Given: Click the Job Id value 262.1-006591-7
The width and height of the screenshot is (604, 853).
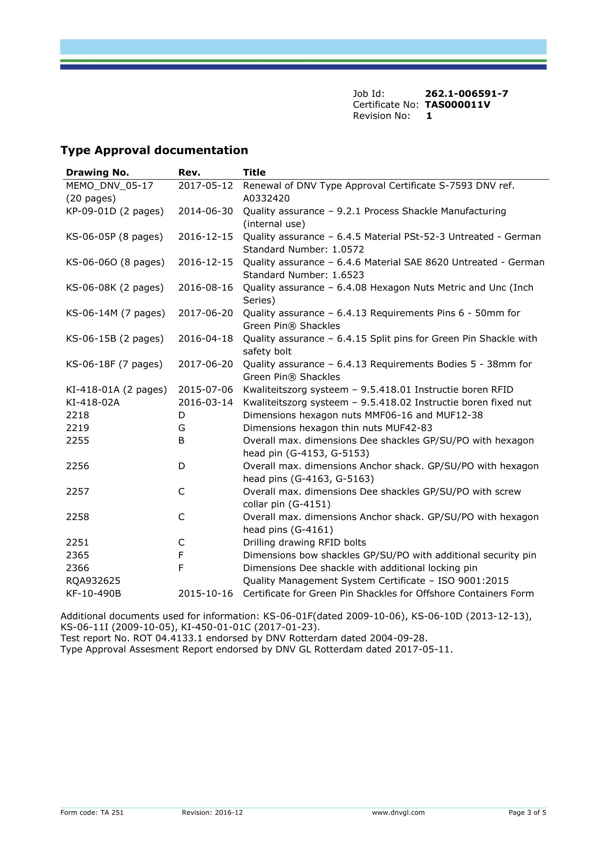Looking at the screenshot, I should pyautogui.click(x=466, y=94).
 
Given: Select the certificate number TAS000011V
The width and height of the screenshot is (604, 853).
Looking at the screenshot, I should pyautogui.click(x=458, y=105).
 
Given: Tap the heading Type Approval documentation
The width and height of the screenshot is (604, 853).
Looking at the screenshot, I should pyautogui.click(x=154, y=150).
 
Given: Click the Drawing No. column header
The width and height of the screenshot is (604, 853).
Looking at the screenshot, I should pyautogui.click(x=98, y=172).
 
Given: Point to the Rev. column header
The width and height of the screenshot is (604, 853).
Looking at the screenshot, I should pyautogui.click(x=189, y=172).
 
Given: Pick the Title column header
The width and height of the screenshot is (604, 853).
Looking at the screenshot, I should pyautogui.click(x=255, y=172).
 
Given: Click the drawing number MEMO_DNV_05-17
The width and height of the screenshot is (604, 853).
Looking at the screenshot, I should pyautogui.click(x=110, y=185).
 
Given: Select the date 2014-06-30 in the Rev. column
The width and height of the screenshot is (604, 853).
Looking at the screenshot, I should pyautogui.click(x=206, y=211).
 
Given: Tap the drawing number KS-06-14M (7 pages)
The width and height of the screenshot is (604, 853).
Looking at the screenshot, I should pyautogui.click(x=115, y=313).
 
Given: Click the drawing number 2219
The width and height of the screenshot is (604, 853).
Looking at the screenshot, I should pyautogui.click(x=78, y=428).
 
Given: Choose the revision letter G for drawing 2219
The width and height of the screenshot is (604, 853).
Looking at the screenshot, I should pyautogui.click(x=181, y=428).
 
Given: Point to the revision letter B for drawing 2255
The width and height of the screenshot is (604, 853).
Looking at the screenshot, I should pyautogui.click(x=181, y=441).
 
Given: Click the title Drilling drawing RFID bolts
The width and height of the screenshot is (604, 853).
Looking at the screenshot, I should pyautogui.click(x=305, y=542).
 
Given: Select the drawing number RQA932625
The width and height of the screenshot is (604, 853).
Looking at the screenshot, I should pyautogui.click(x=93, y=581).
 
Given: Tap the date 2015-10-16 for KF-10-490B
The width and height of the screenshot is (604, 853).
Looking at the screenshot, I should pyautogui.click(x=206, y=593).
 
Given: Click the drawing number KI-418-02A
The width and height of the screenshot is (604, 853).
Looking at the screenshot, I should pyautogui.click(x=93, y=402).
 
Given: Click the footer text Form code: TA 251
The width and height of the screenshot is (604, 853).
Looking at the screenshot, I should pyautogui.click(x=92, y=813).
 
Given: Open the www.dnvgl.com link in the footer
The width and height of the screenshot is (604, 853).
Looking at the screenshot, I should pyautogui.click(x=398, y=813).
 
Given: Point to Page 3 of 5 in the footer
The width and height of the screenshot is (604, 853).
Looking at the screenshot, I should pyautogui.click(x=527, y=813).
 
